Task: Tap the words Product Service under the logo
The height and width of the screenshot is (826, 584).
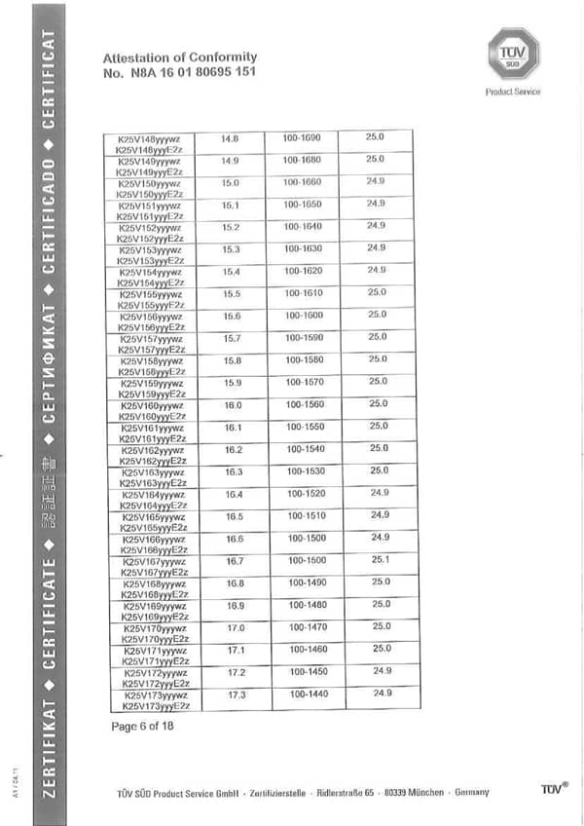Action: [513, 92]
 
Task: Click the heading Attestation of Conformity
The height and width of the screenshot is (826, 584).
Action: [180, 57]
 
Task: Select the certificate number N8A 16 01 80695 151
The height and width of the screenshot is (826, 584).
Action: [180, 72]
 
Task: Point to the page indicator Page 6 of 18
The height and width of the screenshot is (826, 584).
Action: [142, 727]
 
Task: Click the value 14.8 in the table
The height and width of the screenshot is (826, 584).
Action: [230, 138]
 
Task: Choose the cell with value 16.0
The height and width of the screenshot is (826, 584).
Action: [233, 404]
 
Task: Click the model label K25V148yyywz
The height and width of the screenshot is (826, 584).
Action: [150, 139]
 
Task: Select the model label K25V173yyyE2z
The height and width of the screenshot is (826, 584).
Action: [155, 704]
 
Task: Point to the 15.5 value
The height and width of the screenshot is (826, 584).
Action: [232, 293]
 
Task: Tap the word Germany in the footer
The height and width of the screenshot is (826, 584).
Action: [472, 792]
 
